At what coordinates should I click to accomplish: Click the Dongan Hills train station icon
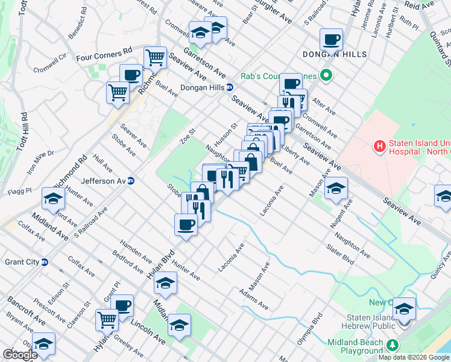[230, 87]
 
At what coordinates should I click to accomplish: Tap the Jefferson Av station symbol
[130, 180]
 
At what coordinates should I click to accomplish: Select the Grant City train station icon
[44, 262]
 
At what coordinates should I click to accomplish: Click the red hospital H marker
[380, 145]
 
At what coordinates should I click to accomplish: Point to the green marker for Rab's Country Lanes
[326, 77]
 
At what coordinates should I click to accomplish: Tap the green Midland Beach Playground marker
[393, 345]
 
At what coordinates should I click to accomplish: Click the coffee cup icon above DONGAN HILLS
[331, 40]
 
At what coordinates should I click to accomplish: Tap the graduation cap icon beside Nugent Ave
[336, 188]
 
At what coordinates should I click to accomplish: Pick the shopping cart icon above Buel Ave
[155, 58]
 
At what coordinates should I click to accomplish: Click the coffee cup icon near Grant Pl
[122, 306]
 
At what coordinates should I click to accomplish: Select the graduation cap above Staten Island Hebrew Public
[404, 309]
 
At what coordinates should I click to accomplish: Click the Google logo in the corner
[19, 355]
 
